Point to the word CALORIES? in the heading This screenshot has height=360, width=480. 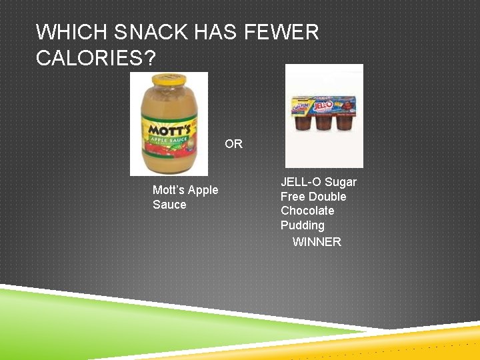tap(96, 59)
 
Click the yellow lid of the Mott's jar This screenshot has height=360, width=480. tap(169, 81)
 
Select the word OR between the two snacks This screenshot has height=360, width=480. tap(233, 144)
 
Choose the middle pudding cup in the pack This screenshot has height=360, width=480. tap(324, 122)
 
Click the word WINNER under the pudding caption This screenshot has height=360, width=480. tap(317, 242)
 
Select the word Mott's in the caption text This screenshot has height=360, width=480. tap(169, 190)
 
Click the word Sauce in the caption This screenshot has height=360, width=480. tap(169, 205)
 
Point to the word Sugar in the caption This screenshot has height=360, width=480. tap(341, 182)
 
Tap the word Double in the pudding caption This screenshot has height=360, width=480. tap(328, 197)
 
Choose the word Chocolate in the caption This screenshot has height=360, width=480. tap(307, 211)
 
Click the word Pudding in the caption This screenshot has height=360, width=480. tap(303, 225)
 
